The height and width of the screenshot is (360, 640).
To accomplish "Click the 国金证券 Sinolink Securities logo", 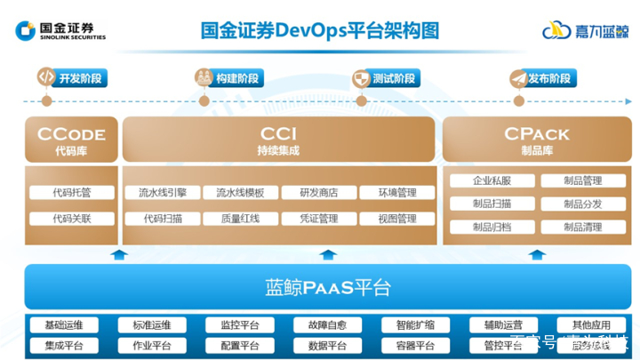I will (60, 30).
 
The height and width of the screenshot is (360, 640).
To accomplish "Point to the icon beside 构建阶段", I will (204, 78).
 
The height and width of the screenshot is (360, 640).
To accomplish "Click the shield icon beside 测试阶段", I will (361, 78).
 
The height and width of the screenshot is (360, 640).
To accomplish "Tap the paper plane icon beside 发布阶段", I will (517, 78).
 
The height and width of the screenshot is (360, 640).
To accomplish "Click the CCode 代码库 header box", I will (71, 140).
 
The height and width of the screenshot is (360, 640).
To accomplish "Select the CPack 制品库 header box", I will (536, 140).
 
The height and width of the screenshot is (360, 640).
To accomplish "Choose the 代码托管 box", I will (71, 192).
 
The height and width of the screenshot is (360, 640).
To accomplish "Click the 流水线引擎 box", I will (156, 192).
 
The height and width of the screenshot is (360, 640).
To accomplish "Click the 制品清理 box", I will (582, 228).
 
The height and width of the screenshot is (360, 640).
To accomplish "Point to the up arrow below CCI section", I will (328, 255).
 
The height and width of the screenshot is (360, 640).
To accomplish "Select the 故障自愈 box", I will (326, 324).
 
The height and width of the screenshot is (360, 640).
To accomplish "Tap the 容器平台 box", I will (414, 346).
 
